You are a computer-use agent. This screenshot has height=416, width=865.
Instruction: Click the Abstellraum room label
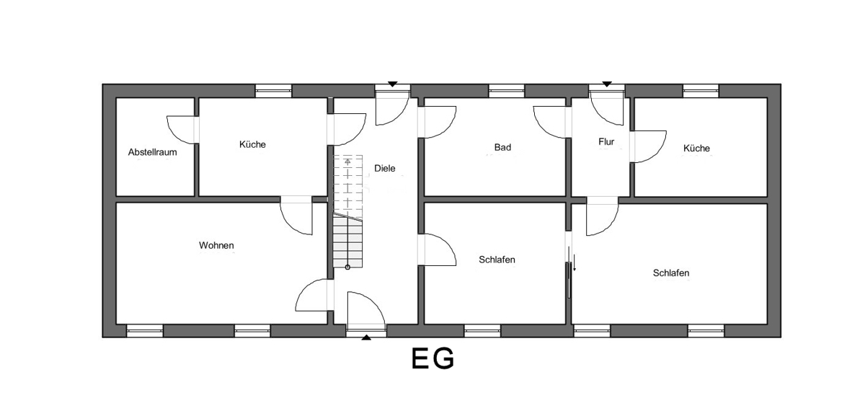(x=152, y=152)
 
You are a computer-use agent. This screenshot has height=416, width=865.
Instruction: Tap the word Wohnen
(x=216, y=246)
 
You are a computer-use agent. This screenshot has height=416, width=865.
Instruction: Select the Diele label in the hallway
(x=385, y=169)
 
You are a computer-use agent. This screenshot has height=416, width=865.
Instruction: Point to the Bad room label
(x=502, y=148)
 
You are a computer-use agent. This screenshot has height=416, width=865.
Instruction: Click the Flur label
(x=606, y=142)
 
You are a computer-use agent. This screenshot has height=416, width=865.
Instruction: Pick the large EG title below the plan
(x=432, y=358)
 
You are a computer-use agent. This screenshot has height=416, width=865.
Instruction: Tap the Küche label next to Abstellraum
(x=252, y=144)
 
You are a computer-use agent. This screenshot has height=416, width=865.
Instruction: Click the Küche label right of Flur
(x=696, y=149)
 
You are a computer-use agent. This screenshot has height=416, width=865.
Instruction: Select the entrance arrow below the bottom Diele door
(x=366, y=337)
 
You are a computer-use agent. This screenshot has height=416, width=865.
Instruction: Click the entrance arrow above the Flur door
(x=607, y=84)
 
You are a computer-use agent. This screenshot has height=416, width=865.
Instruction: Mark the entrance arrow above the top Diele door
(x=392, y=84)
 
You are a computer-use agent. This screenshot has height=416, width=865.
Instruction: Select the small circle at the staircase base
(x=347, y=267)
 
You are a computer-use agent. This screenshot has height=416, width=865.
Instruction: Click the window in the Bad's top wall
(x=507, y=91)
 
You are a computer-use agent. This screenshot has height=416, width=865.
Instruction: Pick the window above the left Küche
(x=273, y=91)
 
